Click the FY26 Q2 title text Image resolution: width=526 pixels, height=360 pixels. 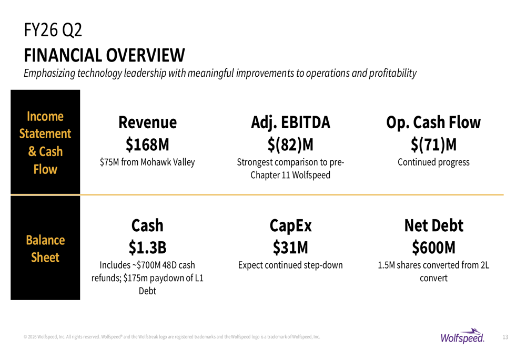pos(53,30)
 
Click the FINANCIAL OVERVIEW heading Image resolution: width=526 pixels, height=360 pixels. pos(104,54)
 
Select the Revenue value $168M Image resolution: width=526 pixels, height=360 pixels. pos(147,143)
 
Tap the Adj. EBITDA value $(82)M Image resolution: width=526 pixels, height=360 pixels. pos(290,143)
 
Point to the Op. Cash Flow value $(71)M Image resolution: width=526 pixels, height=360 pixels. pos(433,143)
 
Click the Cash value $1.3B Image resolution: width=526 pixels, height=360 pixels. pos(147,246)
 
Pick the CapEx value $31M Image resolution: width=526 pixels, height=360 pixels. pos(290,246)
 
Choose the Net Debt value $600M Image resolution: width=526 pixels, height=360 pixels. pos(433,246)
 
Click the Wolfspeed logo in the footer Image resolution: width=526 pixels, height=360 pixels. pos(463,336)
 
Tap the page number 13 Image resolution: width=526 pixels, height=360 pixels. pos(505,337)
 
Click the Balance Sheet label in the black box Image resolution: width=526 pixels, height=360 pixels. pos(45,249)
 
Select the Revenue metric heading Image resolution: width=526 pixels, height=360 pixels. pos(147,122)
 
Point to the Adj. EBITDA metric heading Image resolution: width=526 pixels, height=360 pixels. pos(290,122)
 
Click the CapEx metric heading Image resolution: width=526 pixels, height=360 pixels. pos(290,225)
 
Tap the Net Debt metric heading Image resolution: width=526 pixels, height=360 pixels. pos(433,225)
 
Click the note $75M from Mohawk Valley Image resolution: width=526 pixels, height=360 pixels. pos(147,162)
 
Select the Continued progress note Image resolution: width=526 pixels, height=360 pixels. pos(433,162)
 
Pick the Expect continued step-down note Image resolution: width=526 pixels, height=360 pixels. pos(290,265)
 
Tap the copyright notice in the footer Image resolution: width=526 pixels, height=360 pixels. pos(171,337)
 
